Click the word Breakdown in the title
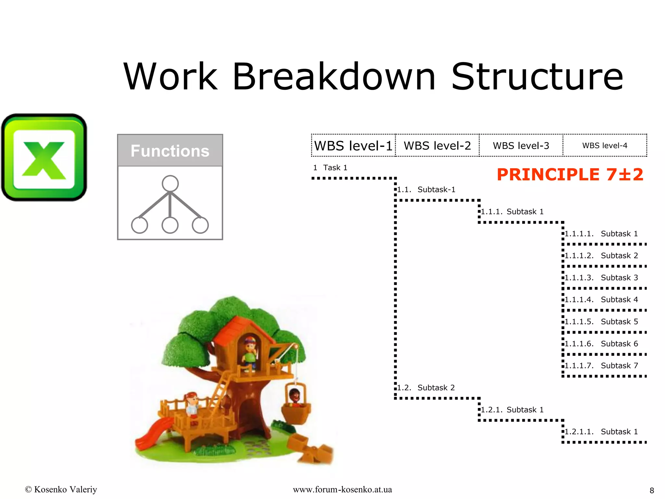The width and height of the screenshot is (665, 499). click(334, 77)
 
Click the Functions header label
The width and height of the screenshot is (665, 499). click(170, 151)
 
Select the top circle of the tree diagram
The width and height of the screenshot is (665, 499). click(170, 184)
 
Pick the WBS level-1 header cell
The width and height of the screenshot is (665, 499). click(353, 146)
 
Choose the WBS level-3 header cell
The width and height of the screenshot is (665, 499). click(521, 146)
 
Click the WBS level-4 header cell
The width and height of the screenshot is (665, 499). click(605, 146)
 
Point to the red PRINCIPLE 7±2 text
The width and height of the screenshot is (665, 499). click(570, 174)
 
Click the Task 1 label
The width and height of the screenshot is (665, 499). click(330, 168)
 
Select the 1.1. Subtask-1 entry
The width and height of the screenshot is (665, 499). click(426, 189)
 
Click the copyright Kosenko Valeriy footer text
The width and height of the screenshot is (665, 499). click(61, 489)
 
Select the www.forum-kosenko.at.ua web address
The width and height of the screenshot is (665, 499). click(342, 489)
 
